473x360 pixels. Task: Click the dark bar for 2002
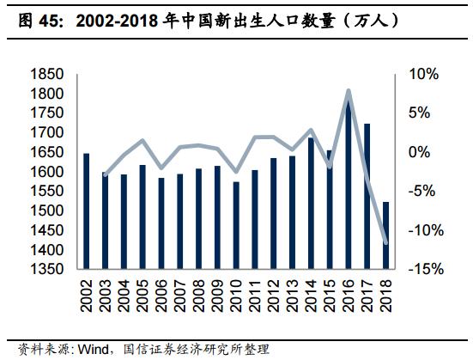[x=86, y=211]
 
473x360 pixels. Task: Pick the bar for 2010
[x=236, y=225]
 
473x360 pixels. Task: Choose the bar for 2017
[x=367, y=196]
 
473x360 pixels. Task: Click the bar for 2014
[x=311, y=203]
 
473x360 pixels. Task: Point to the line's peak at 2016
[x=349, y=90]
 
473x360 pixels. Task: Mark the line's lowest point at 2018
[x=385, y=243]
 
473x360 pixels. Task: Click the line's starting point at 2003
[x=105, y=174]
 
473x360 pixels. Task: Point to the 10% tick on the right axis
[x=421, y=75]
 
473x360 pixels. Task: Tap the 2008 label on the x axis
[x=198, y=297]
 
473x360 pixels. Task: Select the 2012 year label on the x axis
[x=274, y=297]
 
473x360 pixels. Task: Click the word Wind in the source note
[x=94, y=350]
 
